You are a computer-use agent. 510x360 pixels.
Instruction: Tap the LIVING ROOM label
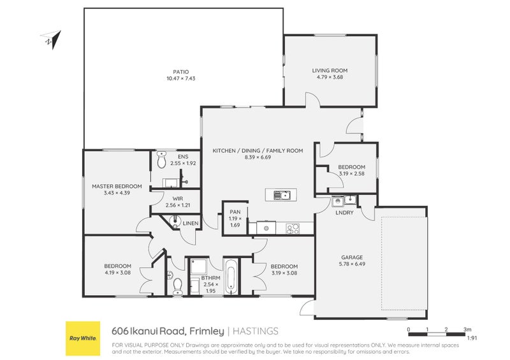[330, 70]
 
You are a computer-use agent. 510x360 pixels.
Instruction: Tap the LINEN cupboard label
[190, 223]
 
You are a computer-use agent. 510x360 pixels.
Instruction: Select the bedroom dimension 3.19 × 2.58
[351, 173]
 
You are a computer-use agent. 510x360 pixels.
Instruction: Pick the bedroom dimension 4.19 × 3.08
[117, 273]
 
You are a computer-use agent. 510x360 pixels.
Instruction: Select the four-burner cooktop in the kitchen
[293, 227]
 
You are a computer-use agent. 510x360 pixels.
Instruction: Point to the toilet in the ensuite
[162, 155]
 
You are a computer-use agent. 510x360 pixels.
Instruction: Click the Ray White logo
[82, 336]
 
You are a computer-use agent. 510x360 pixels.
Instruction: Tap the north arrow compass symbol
[50, 39]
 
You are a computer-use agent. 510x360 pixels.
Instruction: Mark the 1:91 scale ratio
[471, 339]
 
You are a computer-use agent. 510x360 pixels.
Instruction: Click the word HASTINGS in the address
[256, 331]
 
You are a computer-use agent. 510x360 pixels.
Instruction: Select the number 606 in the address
[120, 331]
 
